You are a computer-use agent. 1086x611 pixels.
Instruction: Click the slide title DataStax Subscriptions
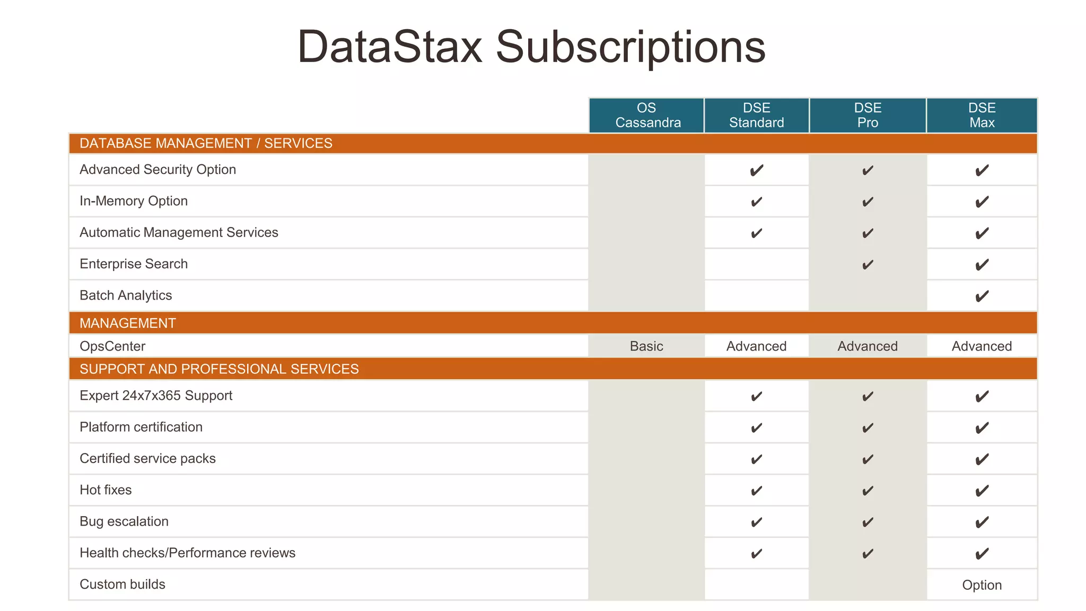(x=531, y=47)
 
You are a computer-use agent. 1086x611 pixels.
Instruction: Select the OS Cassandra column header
(x=647, y=115)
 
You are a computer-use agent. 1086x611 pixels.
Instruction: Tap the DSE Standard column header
(x=757, y=115)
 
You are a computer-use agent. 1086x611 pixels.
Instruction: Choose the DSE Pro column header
(x=868, y=115)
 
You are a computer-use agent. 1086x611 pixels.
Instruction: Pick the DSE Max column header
(x=982, y=115)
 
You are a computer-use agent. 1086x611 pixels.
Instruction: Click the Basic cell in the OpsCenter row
(x=646, y=346)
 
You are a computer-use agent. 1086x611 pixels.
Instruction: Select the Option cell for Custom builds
(x=982, y=585)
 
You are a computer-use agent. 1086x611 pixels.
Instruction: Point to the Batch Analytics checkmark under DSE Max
(x=982, y=296)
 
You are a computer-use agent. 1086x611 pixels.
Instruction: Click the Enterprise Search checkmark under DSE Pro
(x=868, y=265)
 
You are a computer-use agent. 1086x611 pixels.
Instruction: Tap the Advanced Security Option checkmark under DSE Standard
(x=757, y=170)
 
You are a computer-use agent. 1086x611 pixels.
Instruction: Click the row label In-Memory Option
(x=134, y=201)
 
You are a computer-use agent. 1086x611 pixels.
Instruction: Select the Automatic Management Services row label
(x=179, y=232)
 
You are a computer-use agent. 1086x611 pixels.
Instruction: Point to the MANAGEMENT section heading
(x=128, y=323)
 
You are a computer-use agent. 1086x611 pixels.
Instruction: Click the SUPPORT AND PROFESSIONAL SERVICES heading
(x=219, y=369)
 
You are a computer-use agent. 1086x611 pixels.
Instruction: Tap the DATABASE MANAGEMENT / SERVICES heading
(x=206, y=143)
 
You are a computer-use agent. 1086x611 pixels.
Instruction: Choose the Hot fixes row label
(x=106, y=490)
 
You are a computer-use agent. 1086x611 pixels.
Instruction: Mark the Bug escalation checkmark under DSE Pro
(x=868, y=522)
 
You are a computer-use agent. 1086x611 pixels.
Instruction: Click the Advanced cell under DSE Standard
(x=756, y=346)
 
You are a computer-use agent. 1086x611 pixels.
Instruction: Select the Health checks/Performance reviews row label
(x=187, y=553)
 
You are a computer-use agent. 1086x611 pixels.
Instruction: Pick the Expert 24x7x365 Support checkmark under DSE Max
(x=982, y=396)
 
